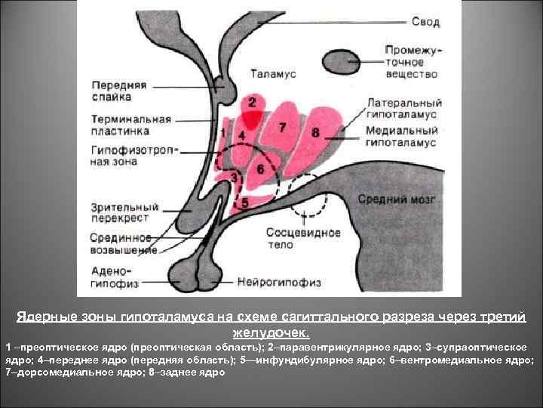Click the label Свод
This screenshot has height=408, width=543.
click(426, 22)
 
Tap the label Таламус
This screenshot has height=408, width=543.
click(273, 76)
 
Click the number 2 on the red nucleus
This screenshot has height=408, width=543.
click(252, 101)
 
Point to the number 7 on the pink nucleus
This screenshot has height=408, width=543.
click(282, 127)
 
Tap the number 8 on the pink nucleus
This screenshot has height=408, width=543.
click(315, 133)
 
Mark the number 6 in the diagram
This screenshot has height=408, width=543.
click(260, 168)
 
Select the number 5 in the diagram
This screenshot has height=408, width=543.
click(244, 202)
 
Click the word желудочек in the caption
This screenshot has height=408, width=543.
click(271, 332)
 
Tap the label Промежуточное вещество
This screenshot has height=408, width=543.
click(412, 61)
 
